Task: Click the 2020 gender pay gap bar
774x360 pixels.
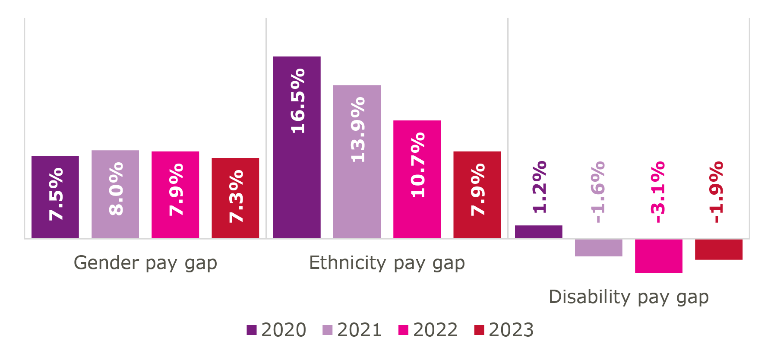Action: pos(55,197)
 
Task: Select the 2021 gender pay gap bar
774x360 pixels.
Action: pos(115,194)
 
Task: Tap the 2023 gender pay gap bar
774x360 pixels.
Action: pos(235,198)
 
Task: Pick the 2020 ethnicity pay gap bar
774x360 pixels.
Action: pos(297,147)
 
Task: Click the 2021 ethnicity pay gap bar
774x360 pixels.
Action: pos(357,161)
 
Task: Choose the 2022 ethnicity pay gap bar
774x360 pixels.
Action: pos(417,179)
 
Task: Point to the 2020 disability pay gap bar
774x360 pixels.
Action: pos(539,232)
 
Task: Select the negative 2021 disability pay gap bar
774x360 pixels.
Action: pos(599,248)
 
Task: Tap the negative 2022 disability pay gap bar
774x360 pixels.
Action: pos(659,256)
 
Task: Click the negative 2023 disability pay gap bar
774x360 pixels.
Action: pos(719,249)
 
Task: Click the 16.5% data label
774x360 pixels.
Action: pos(298,101)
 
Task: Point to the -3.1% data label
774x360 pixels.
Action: pos(658,192)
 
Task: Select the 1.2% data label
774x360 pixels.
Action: pos(540,187)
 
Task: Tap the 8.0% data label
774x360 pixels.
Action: pos(116,189)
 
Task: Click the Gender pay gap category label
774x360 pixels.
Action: pos(145,263)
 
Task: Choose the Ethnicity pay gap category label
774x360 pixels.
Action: pos(387,263)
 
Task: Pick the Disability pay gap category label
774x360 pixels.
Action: pos(629,297)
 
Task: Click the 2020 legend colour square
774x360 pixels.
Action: pos(252,330)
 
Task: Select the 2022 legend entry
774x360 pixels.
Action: pos(428,330)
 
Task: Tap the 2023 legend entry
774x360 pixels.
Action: pos(504,330)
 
